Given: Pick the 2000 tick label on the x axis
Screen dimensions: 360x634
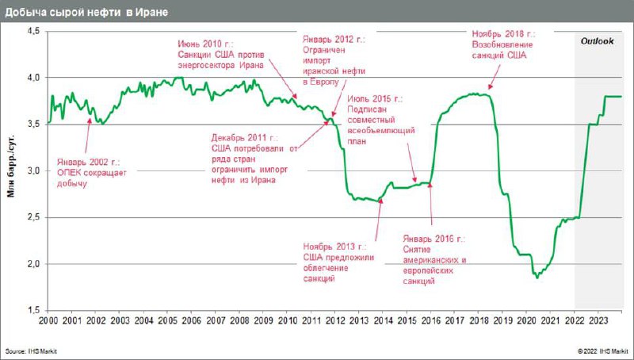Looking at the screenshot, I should pyautogui.click(x=48, y=320).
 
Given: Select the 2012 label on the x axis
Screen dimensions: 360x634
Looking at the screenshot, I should pyautogui.click(x=334, y=320).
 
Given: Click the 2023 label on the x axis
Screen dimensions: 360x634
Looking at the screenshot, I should pyautogui.click(x=598, y=320).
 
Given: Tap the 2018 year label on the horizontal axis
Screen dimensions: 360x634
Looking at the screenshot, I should pyautogui.click(x=478, y=320).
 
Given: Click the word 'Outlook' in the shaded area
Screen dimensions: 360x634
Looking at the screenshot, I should pyautogui.click(x=598, y=40).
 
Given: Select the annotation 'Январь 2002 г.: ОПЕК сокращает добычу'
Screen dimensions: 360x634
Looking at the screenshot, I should pyautogui.click(x=92, y=172).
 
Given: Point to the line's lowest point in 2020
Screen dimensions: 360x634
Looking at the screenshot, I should pyautogui.click(x=537, y=278).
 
